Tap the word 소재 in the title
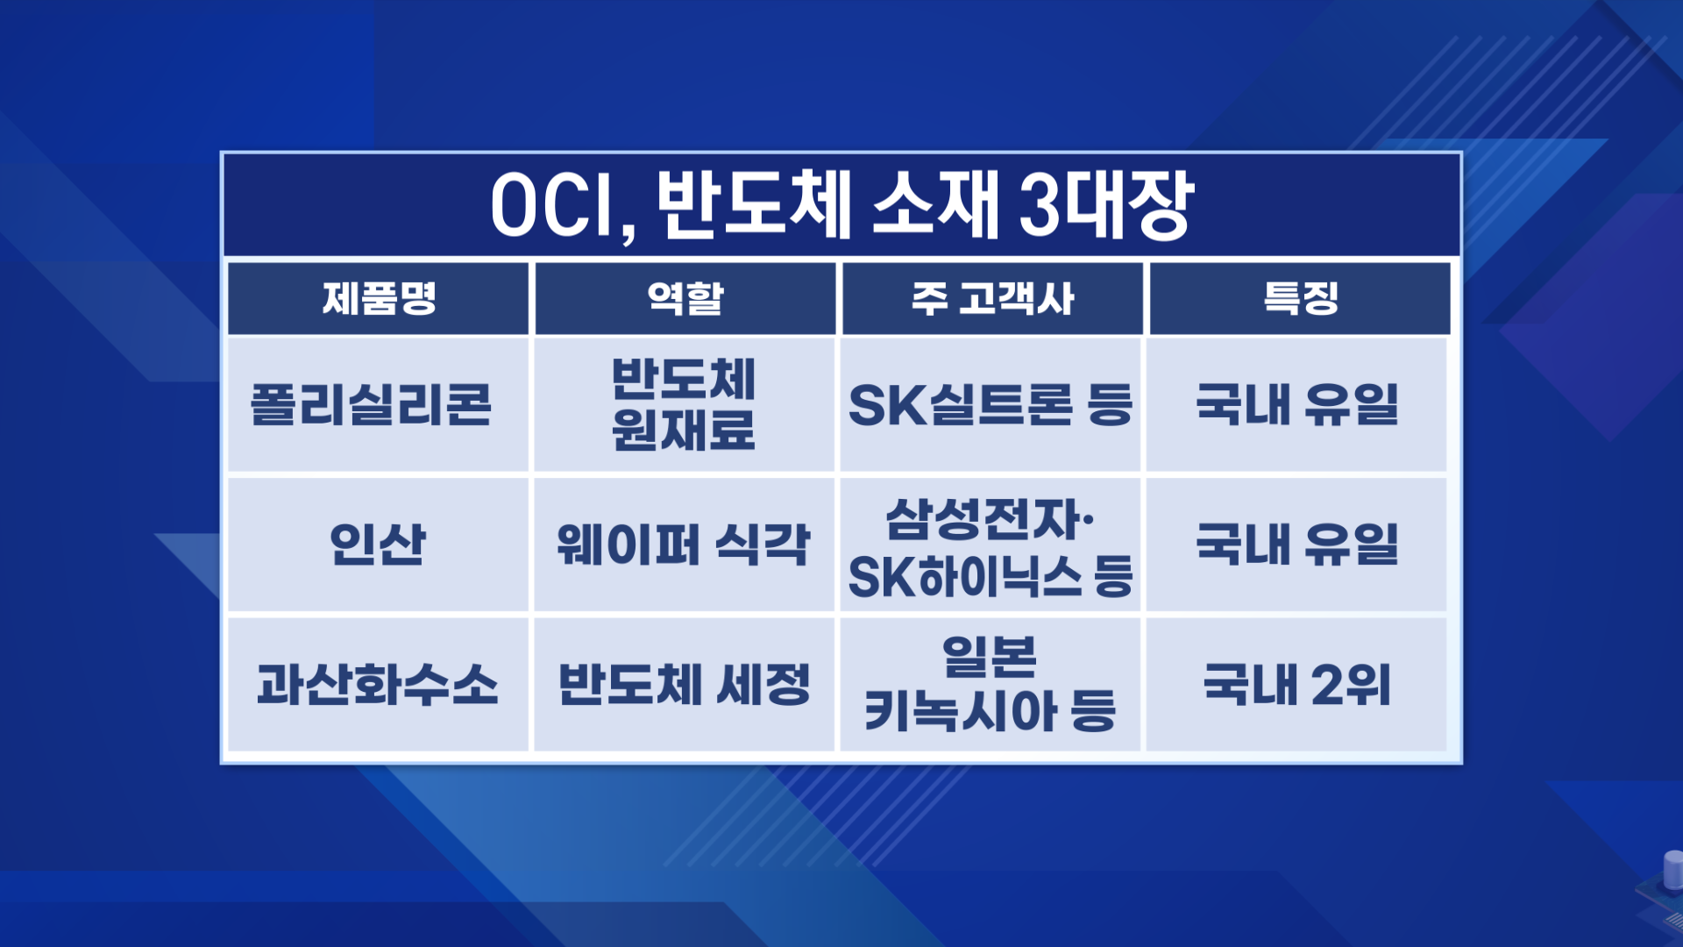pyautogui.click(x=934, y=205)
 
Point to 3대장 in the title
pyautogui.click(x=1106, y=205)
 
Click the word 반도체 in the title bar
pyautogui.click(x=754, y=205)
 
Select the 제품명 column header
pyautogui.click(x=379, y=298)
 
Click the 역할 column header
pyautogui.click(x=685, y=298)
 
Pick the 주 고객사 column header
pyautogui.click(x=992, y=298)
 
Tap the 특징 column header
pyautogui.click(x=1301, y=298)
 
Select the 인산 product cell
pyautogui.click(x=378, y=545)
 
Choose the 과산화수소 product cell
pyautogui.click(x=378, y=685)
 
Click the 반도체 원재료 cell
pyautogui.click(x=684, y=404)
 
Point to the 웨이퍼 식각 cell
pyautogui.click(x=684, y=545)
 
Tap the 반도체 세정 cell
pyautogui.click(x=684, y=685)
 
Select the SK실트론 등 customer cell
pyautogui.click(x=991, y=405)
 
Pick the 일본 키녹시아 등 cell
pyautogui.click(x=991, y=685)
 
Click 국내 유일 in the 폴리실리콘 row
pyautogui.click(x=1297, y=405)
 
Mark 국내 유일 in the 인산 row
pyautogui.click(x=1297, y=545)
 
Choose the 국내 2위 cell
pyautogui.click(x=1297, y=685)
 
